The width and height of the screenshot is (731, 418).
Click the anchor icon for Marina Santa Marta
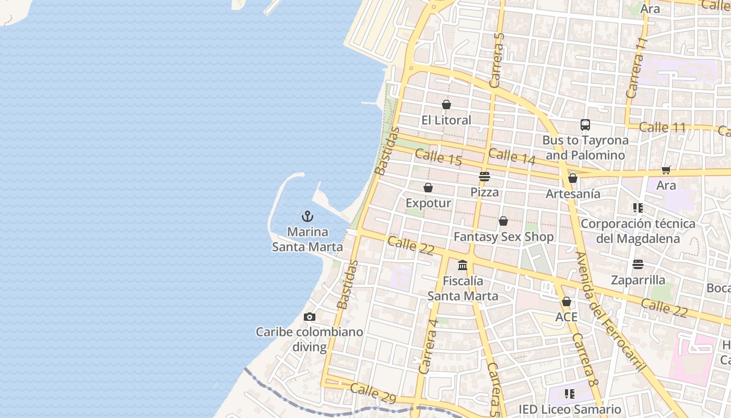308,216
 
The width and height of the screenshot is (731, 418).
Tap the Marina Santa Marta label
308,239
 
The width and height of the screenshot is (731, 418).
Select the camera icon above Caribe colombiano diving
309,317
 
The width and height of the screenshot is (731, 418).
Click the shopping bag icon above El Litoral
446,104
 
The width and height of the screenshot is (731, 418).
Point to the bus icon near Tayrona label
585,125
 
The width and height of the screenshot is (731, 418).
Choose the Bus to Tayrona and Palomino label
585,147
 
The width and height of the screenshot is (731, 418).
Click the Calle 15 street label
439,157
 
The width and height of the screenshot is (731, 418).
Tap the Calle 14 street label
512,157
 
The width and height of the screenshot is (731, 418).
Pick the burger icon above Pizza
485,177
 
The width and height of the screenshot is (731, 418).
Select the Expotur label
428,203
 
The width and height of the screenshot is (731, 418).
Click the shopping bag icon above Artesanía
573,178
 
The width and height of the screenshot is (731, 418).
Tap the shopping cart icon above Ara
666,170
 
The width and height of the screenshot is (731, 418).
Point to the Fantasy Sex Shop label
503,237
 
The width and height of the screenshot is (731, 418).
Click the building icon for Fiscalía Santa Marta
463,265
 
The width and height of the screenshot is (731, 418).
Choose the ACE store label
567,317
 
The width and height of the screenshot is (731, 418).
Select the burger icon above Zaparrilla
638,264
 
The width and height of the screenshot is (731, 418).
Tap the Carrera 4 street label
428,345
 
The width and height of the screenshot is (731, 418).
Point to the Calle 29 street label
373,393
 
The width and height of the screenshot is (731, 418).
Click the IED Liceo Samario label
570,409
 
